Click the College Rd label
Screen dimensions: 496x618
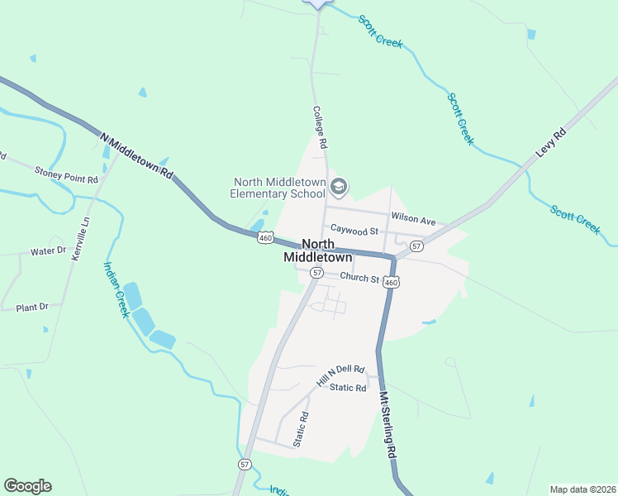coord(321,126)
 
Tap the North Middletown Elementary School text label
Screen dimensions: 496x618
coord(278,188)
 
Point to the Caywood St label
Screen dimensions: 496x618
coord(354,231)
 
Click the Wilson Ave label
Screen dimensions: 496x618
coord(413,220)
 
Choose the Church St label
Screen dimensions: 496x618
coord(359,278)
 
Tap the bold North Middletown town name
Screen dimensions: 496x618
coord(318,250)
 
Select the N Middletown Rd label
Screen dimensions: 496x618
coord(137,156)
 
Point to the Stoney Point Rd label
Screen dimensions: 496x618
coord(66,174)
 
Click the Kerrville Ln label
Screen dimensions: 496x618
coord(79,238)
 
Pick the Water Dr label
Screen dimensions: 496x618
coord(47,251)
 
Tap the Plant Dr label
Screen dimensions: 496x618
coord(32,308)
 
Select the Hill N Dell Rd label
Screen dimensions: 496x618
coord(340,376)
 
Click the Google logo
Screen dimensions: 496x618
coord(27,486)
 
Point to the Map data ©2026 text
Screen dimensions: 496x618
coord(582,489)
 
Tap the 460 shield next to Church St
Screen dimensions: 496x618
coord(392,283)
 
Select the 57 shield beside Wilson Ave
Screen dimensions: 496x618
coord(416,246)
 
